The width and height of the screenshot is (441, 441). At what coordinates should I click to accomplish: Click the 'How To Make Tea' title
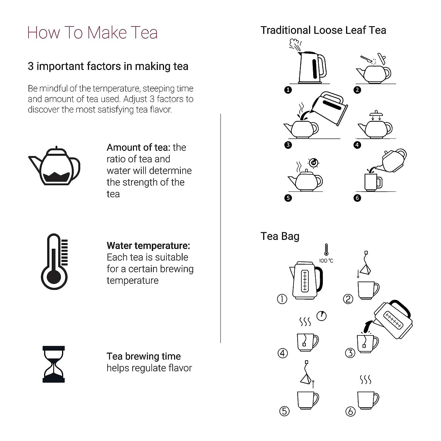tap(92, 32)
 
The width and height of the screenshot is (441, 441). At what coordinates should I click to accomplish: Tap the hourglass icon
tap(54, 364)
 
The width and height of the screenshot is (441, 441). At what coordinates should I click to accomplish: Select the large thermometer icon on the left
tap(54, 262)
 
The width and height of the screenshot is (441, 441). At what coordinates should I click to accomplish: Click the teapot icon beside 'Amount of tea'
tap(55, 166)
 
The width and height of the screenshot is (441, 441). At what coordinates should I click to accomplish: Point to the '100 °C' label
tap(326, 260)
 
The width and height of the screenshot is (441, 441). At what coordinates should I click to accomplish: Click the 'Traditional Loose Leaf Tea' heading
tap(323, 30)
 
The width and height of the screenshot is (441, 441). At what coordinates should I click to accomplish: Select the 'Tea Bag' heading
tap(280, 236)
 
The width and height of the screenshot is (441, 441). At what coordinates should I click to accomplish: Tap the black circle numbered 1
tap(288, 90)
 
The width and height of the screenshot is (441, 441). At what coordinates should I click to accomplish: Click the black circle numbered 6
tap(357, 198)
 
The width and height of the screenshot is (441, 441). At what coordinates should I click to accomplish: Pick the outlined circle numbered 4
tap(283, 353)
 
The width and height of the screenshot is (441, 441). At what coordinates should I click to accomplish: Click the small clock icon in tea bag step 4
tap(322, 316)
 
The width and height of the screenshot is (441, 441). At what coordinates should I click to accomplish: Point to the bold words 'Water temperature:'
tap(148, 245)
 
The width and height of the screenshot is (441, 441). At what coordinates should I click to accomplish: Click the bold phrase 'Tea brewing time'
tap(143, 356)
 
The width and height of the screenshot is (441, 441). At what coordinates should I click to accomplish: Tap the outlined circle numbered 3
tap(350, 353)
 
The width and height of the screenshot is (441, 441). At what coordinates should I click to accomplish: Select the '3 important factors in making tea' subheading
tap(108, 66)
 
